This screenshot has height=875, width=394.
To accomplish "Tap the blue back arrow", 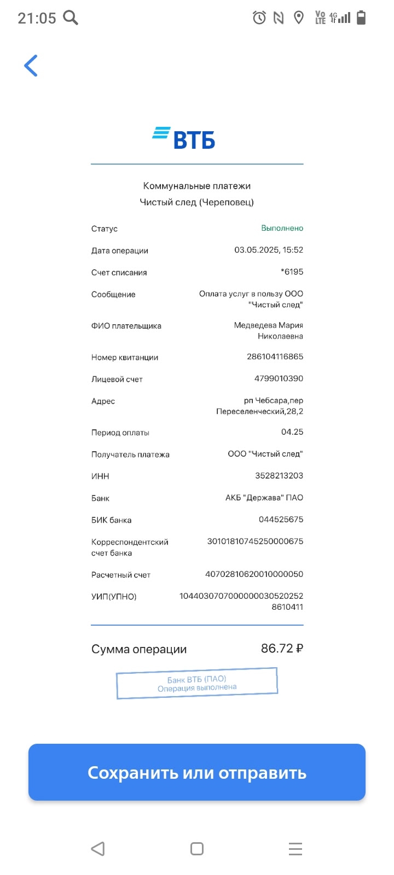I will (x=31, y=66).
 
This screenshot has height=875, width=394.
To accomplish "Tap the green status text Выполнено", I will (x=282, y=228).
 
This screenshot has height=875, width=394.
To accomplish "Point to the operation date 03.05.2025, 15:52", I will (x=269, y=250).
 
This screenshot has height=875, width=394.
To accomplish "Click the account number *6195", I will (x=292, y=272).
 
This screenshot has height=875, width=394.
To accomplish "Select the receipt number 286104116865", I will (x=275, y=357).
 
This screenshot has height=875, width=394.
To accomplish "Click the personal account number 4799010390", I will (x=279, y=378).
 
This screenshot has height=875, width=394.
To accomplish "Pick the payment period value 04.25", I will (x=292, y=432).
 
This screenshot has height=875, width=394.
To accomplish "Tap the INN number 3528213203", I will (x=279, y=476).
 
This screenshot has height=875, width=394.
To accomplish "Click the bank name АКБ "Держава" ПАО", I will (x=264, y=498).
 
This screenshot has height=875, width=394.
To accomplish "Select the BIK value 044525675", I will (x=281, y=520).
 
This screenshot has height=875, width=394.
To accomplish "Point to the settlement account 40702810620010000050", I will (x=254, y=574).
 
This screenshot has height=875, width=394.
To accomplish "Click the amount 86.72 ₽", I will (x=282, y=649).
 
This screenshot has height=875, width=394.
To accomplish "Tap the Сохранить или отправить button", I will (x=197, y=772).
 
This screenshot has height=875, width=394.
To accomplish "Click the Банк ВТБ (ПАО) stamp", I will (x=197, y=684).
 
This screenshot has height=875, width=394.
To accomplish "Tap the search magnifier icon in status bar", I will (x=71, y=18).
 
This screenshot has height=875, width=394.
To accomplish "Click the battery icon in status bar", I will (x=361, y=18).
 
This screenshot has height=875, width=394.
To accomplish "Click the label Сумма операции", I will (x=139, y=649).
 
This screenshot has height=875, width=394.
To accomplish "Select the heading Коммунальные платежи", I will (x=197, y=186).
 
